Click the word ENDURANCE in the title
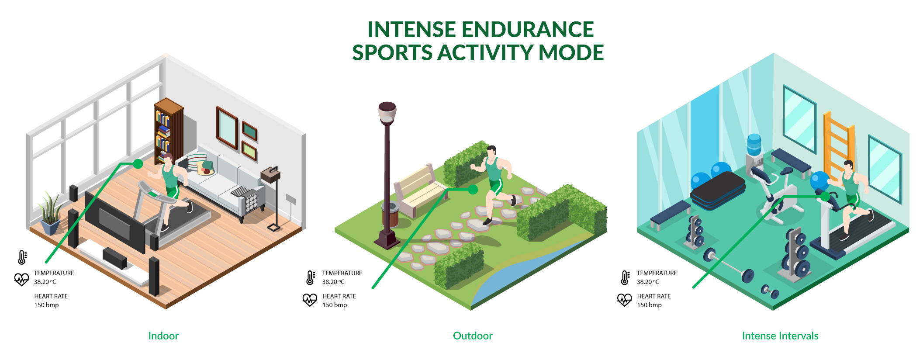point(528,29)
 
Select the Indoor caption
point(163,336)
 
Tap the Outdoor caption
point(473,336)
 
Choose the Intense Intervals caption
point(780,336)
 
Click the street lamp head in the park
point(387,113)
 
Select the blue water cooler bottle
point(754,145)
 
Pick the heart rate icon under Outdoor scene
point(310,300)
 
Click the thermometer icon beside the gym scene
point(625,278)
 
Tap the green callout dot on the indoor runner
point(138,164)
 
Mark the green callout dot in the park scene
point(473,190)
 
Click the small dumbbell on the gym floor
point(770,291)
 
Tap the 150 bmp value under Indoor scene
point(46,305)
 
